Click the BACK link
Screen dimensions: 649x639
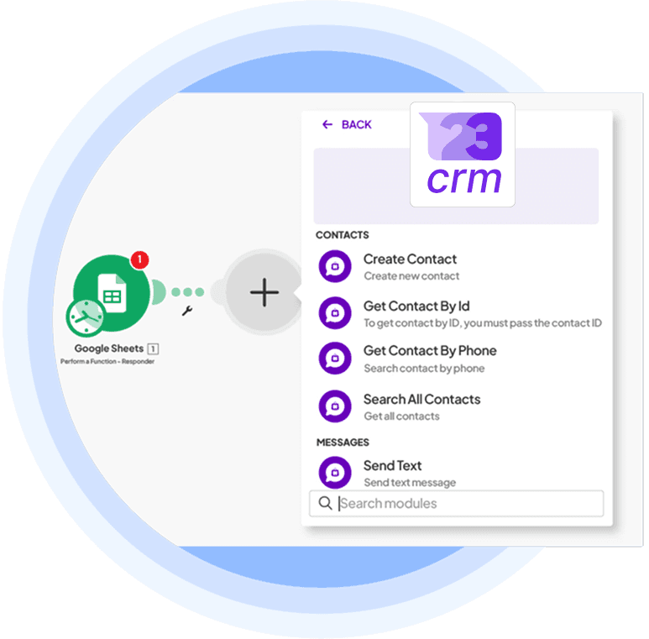(356, 124)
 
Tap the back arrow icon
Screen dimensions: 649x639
(327, 124)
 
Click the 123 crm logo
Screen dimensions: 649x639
(463, 155)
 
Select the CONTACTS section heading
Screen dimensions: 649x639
(342, 235)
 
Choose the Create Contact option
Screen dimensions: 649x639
(410, 259)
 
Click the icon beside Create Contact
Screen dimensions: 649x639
(335, 266)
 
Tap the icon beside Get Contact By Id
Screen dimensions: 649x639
(335, 313)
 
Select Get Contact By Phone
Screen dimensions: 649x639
(429, 351)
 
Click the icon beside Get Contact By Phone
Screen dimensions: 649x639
(335, 359)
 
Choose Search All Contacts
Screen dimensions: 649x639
(421, 399)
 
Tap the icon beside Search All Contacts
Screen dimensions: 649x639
(335, 406)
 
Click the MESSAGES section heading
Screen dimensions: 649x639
(343, 442)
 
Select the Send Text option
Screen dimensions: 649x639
(392, 465)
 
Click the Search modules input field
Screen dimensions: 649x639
(466, 504)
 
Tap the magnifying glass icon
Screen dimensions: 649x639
(324, 504)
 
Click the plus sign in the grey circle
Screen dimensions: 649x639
(264, 292)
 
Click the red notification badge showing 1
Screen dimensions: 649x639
(139, 259)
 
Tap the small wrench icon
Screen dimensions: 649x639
(187, 312)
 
